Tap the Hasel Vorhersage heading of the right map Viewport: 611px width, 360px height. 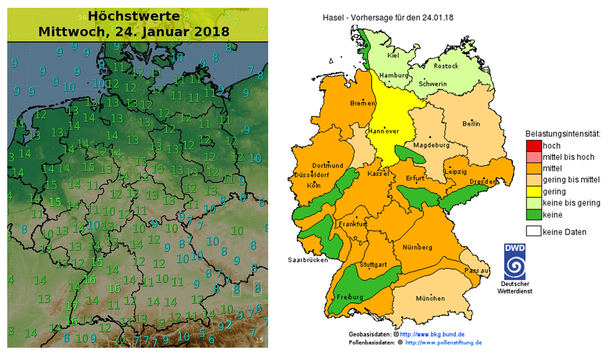388,17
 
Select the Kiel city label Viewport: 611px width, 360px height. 393,55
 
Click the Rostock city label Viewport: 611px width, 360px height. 447,66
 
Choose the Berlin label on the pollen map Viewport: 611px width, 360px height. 471,124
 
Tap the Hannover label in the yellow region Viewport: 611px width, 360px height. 383,132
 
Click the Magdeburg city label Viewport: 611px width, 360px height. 430,145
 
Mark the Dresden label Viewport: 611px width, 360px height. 483,182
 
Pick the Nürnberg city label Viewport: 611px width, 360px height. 417,247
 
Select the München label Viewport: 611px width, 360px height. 430,299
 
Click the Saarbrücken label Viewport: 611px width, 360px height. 308,260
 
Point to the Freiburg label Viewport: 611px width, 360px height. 346,296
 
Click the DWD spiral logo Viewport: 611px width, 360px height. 515,262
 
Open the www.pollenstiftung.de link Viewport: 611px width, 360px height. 443,342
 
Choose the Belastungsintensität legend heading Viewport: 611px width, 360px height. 562,134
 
